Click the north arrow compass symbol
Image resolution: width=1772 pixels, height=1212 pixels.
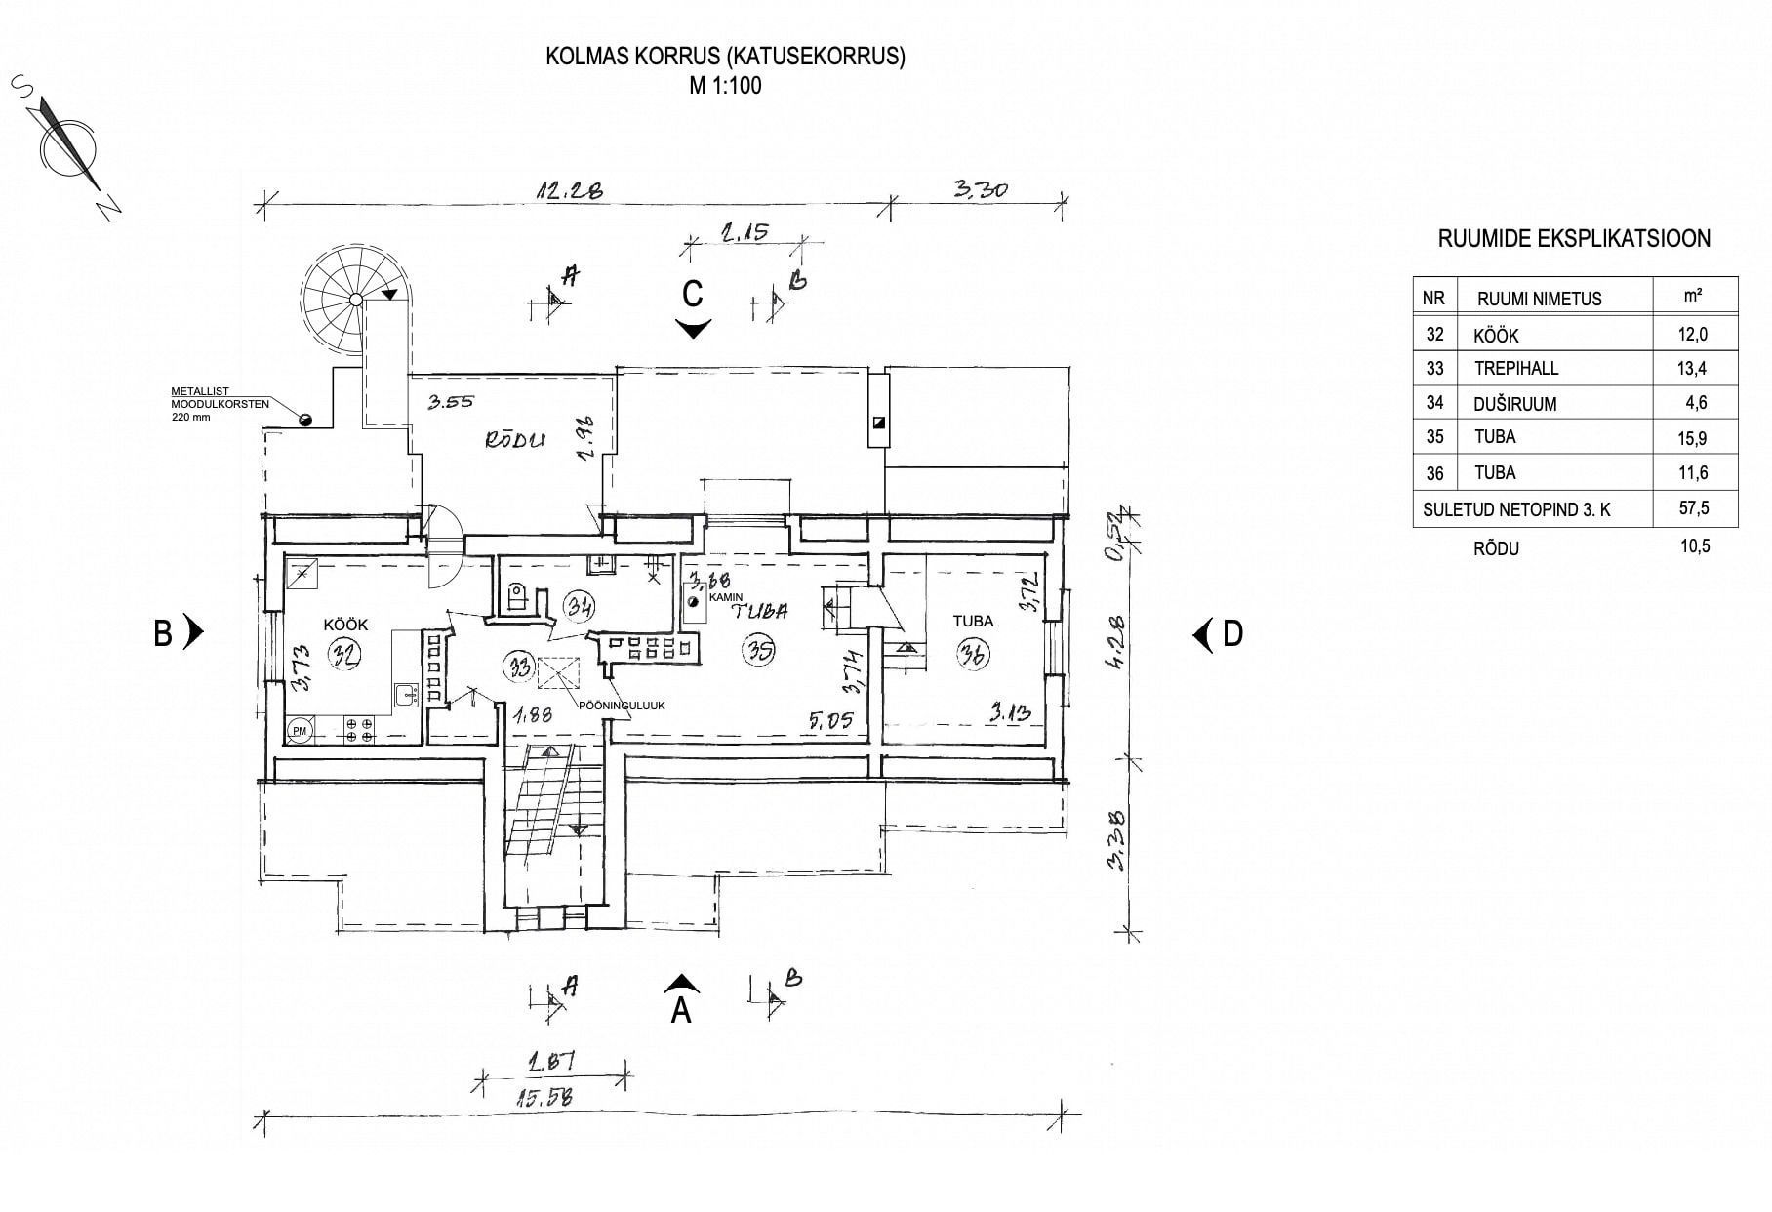[67, 148]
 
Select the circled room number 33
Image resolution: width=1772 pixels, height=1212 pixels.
[518, 667]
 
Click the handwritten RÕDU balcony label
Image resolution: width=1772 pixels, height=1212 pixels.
[515, 440]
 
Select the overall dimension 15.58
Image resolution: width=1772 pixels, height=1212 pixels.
[540, 1097]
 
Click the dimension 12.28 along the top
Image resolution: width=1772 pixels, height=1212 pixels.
[568, 189]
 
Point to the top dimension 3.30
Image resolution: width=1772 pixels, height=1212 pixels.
[979, 189]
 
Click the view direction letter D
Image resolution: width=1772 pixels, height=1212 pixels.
[1232, 634]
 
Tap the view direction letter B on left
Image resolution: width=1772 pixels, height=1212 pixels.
[163, 634]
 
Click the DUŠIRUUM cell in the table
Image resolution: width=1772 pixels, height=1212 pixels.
[1514, 403]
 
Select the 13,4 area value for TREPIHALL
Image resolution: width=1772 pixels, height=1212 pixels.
[1692, 368]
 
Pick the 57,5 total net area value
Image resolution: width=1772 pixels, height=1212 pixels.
[1692, 508]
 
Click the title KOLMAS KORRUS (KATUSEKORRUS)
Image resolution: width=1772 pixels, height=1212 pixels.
[725, 57]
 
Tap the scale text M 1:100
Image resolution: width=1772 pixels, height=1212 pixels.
[725, 85]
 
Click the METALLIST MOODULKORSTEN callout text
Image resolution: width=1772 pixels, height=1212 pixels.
[214, 404]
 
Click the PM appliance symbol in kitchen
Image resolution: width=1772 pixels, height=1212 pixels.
[300, 729]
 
